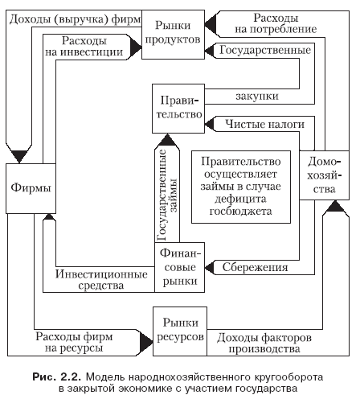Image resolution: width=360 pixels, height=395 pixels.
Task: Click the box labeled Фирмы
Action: point(31,188)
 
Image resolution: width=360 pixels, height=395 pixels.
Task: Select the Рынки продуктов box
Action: point(173,35)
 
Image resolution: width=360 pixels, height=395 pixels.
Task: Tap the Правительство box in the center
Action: point(178,109)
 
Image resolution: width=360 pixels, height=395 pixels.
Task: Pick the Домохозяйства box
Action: point(324,175)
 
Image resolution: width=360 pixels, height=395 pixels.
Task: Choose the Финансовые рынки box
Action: point(180,267)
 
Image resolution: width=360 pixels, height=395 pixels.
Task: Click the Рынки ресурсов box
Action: point(180,331)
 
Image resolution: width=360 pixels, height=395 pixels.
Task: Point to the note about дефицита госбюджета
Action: point(241,187)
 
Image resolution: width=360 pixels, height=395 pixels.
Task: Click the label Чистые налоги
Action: point(264,124)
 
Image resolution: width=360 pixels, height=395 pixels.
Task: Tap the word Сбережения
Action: point(255,267)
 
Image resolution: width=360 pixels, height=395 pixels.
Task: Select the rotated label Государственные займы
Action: point(166,195)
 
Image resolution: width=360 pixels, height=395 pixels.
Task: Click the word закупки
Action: point(257,96)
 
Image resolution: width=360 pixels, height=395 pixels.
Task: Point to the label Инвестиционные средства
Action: point(101,280)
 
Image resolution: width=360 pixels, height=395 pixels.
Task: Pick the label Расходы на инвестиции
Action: point(84,46)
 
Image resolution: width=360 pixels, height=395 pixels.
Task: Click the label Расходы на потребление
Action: point(276,23)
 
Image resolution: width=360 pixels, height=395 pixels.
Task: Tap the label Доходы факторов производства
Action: point(264,343)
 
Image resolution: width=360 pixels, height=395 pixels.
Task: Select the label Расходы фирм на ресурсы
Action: point(74,342)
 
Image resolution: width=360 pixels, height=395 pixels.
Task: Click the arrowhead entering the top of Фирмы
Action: point(19,156)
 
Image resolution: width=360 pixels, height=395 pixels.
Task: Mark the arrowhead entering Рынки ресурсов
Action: point(146,342)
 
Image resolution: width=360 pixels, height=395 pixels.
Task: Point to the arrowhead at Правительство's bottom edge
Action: point(167,139)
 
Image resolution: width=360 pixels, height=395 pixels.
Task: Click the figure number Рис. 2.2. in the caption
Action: point(56,376)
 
